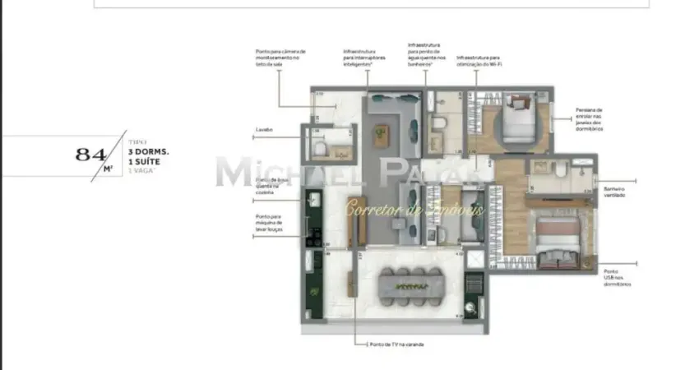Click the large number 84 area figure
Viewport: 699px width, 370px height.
90,153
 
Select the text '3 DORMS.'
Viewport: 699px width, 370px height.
149,153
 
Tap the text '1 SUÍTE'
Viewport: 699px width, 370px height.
146,162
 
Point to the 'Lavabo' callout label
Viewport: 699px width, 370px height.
264,130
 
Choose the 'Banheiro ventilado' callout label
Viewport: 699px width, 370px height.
616,191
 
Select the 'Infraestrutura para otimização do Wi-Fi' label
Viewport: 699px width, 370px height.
479,62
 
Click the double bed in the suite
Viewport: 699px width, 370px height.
559,236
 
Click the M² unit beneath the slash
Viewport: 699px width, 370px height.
107,169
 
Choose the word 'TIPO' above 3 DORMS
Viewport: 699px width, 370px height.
136,142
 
